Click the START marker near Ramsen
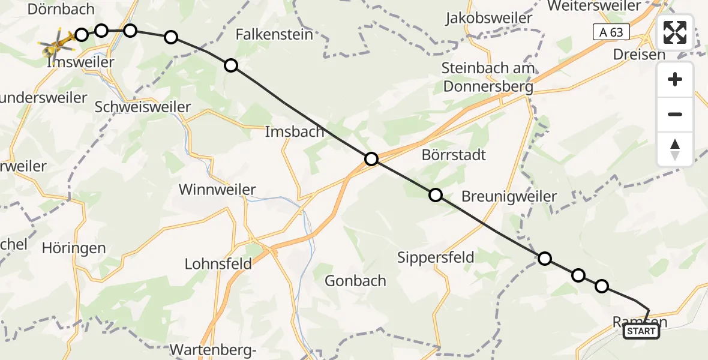point(641,331)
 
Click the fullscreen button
point(675,32)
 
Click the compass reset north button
point(675,149)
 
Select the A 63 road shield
point(611,32)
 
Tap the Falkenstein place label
point(275,34)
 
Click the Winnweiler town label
point(218,190)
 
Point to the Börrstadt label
point(454,155)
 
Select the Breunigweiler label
point(509,196)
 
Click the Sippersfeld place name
point(436,257)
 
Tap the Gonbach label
point(355,280)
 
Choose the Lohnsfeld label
point(218,263)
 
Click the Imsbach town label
point(295,131)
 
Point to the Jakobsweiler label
point(489,18)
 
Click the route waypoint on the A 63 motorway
point(371,159)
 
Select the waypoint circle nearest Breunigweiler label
point(436,195)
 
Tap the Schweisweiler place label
point(143,107)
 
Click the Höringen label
point(74,247)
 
